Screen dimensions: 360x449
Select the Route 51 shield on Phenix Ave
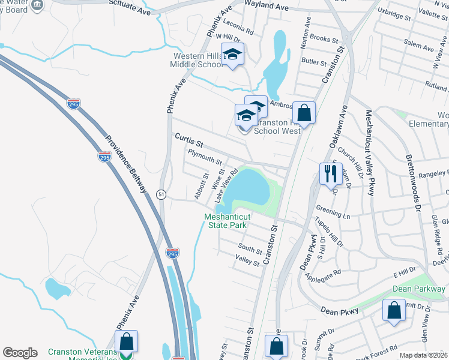click(161, 194)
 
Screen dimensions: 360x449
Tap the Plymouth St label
click(205, 158)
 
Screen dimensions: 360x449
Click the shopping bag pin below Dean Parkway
click(393, 311)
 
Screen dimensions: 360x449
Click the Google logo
click(20, 353)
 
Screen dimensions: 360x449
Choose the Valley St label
click(247, 261)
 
